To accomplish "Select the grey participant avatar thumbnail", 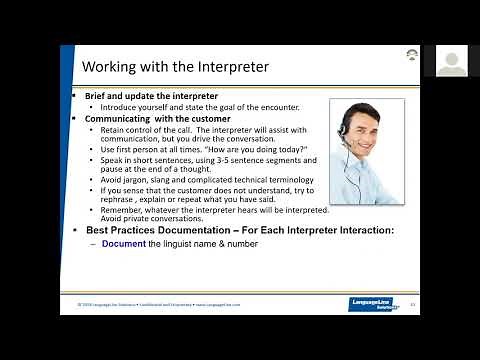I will [451, 62].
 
